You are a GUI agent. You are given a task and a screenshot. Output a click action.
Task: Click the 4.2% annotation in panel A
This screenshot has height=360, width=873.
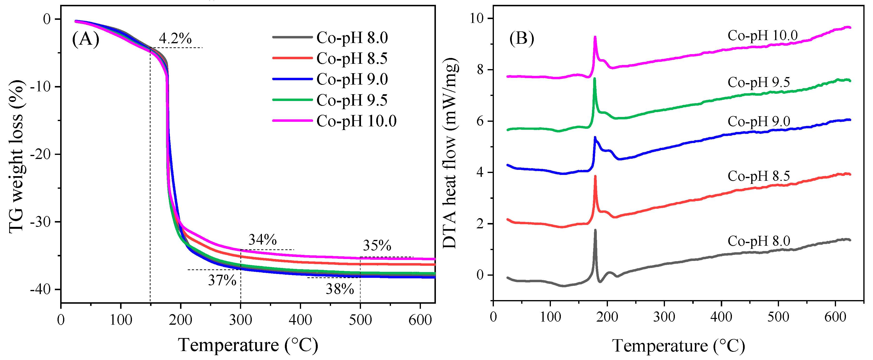coord(175,39)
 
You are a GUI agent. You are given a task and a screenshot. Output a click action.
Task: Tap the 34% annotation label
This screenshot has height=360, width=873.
coord(262,240)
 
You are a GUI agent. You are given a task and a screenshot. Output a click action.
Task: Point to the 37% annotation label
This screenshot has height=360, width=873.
coord(222,280)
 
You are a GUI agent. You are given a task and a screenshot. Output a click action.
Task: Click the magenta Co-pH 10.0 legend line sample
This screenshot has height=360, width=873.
coord(292,121)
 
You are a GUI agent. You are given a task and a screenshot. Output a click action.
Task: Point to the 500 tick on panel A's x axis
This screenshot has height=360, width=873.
coord(360,320)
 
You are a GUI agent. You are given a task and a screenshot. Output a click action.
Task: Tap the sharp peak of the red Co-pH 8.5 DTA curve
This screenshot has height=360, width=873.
coord(595,176)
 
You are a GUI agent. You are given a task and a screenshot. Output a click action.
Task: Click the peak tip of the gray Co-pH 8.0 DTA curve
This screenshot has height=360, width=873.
coord(595,230)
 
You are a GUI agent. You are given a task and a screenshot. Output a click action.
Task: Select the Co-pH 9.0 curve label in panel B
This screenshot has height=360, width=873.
coord(758,121)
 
